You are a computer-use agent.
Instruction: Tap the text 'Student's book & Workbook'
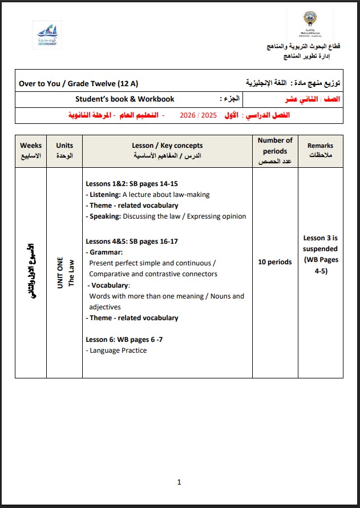click(x=125, y=99)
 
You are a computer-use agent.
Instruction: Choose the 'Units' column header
click(x=64, y=151)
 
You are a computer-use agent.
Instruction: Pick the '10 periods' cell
click(x=275, y=263)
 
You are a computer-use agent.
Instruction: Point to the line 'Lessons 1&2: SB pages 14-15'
click(x=132, y=184)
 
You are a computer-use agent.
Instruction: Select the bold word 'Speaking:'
click(x=105, y=216)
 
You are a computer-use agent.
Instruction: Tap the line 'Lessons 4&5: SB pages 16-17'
click(x=132, y=241)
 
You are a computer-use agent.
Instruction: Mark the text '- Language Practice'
click(x=118, y=350)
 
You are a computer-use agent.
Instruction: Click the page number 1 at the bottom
click(x=179, y=482)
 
